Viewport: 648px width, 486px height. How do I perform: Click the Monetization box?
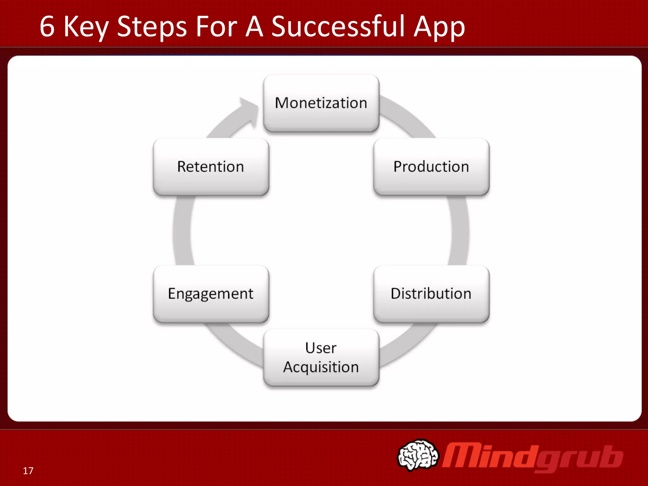[x=321, y=103]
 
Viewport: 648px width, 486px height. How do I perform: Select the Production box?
[x=431, y=167]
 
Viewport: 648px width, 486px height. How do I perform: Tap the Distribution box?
[x=431, y=294]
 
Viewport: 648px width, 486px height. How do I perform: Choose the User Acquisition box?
[x=321, y=358]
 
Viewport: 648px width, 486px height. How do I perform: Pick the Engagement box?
[x=211, y=294]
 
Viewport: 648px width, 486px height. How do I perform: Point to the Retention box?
[x=211, y=167]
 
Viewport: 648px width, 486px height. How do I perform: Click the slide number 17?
[x=28, y=471]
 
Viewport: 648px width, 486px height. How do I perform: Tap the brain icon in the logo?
[x=418, y=455]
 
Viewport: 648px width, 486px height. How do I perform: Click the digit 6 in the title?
[x=47, y=27]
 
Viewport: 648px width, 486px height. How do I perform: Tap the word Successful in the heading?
[x=338, y=27]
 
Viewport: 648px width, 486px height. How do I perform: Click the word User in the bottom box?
[x=321, y=348]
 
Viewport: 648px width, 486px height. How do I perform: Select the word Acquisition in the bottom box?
[x=321, y=367]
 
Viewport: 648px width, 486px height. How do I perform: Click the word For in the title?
[x=216, y=27]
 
